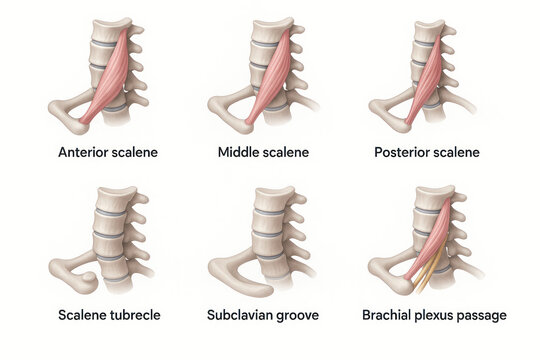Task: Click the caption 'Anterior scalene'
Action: click(x=108, y=153)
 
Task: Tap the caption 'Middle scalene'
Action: click(x=263, y=153)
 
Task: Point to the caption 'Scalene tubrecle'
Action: click(x=108, y=315)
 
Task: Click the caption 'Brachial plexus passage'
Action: click(x=434, y=315)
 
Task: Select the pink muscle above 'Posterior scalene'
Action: click(x=428, y=75)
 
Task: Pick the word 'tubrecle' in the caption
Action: click(x=133, y=315)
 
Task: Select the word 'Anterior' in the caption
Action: click(x=86, y=153)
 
